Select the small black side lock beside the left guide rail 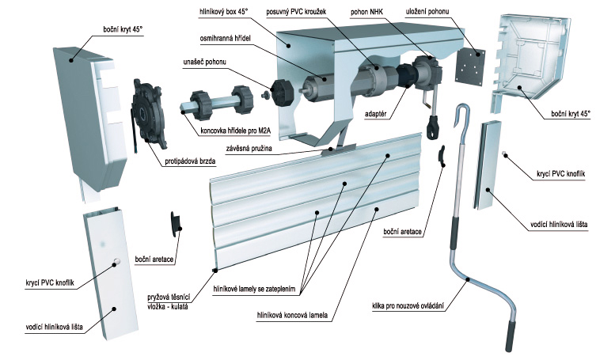point(177,222)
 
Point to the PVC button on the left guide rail point(116,261)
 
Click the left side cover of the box point(89,119)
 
